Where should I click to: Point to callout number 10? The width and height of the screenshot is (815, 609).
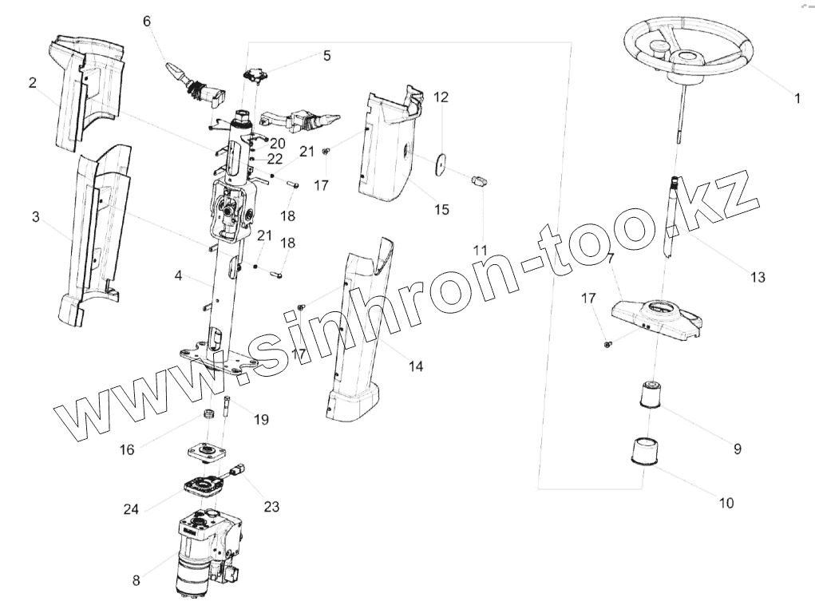click(726, 503)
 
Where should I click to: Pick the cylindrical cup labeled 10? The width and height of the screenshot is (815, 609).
click(645, 450)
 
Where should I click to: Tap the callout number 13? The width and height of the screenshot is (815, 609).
click(757, 277)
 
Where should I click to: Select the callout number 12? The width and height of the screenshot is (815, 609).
click(441, 97)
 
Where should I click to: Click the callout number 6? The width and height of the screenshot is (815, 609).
click(147, 21)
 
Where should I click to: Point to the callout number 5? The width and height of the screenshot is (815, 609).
click(326, 56)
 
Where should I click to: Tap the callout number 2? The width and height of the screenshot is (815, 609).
click(33, 83)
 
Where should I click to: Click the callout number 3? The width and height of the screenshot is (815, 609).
click(36, 216)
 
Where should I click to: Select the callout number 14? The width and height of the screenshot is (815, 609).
click(416, 366)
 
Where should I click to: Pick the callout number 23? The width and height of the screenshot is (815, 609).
click(272, 505)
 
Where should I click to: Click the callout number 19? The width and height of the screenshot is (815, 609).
click(261, 418)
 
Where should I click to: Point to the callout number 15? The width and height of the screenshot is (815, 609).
click(441, 210)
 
